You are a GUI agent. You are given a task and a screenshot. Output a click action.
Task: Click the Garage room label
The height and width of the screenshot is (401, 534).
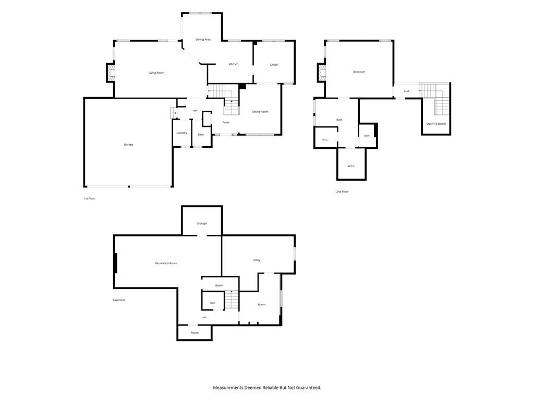[128, 145]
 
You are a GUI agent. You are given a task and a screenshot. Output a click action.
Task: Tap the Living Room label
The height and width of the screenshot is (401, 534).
[156, 73]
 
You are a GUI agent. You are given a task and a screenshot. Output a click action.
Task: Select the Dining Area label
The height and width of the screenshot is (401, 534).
[203, 40]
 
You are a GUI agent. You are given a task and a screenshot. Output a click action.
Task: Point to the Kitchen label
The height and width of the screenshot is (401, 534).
[234, 64]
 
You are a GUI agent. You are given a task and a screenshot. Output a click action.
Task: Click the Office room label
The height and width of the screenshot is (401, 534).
[274, 65]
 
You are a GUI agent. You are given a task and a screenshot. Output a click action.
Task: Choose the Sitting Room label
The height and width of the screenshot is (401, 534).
[260, 112]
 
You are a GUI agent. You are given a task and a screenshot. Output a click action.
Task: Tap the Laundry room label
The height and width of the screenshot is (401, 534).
[182, 133]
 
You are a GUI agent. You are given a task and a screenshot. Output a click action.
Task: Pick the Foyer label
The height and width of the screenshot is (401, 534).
[226, 122]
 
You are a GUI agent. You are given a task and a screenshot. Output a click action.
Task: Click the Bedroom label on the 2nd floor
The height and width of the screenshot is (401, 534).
[359, 72]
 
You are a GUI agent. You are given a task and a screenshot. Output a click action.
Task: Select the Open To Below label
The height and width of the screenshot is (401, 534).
[436, 124]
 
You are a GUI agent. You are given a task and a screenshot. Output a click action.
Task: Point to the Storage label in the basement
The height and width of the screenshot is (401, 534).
[202, 223]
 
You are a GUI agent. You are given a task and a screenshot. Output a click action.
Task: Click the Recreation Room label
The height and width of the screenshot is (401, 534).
[166, 263]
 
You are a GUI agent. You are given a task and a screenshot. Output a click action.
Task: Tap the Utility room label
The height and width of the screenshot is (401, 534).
[257, 260]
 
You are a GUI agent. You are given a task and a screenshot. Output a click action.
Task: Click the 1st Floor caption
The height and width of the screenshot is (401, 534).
[90, 198]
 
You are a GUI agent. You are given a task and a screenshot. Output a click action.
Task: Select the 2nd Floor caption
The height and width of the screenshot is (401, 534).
[342, 192]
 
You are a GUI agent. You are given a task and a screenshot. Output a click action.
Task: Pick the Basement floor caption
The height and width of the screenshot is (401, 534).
[119, 300]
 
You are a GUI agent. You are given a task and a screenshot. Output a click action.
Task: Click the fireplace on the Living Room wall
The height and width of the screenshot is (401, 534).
[111, 73]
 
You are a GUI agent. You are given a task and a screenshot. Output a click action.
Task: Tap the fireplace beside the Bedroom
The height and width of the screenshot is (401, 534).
[321, 72]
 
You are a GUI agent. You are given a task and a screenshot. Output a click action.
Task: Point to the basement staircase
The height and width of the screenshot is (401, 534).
[232, 300]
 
